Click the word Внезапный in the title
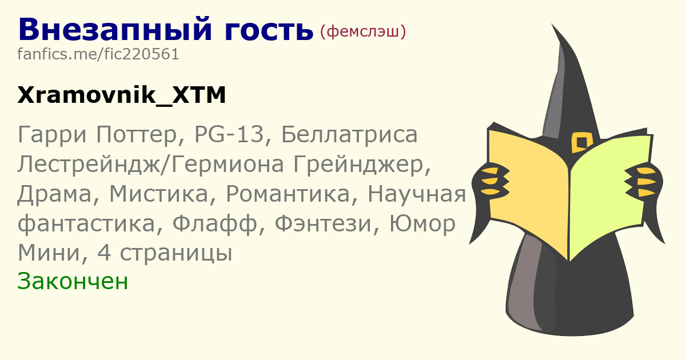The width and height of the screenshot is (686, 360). pyautogui.click(x=115, y=30)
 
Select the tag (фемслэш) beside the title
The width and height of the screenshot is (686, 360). pyautogui.click(x=363, y=31)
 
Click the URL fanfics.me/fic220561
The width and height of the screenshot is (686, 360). pyautogui.click(x=98, y=54)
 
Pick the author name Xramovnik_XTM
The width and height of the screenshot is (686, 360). pyautogui.click(x=122, y=95)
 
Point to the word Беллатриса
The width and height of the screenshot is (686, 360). pyautogui.click(x=349, y=135)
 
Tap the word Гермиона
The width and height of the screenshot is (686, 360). pyautogui.click(x=228, y=165)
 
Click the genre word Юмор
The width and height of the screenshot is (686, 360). pyautogui.click(x=422, y=224)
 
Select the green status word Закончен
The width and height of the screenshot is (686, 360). pyautogui.click(x=73, y=281)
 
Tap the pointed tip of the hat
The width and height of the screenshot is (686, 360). pyautogui.click(x=552, y=24)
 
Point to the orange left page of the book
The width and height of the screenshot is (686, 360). pyautogui.click(x=528, y=190)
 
